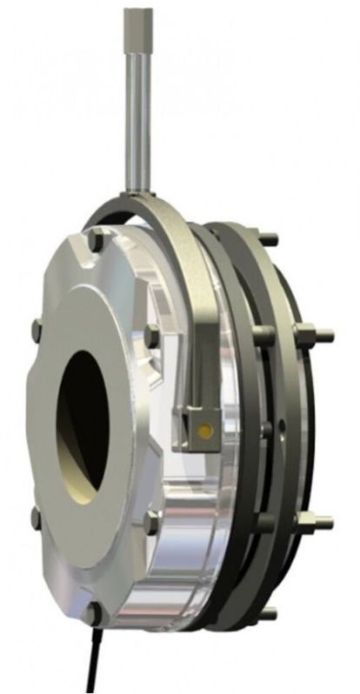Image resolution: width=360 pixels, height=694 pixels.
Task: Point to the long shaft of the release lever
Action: [x=138, y=113]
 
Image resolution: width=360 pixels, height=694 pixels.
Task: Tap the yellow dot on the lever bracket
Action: [x=204, y=430]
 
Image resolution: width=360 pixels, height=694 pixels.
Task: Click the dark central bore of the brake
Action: [x=83, y=417]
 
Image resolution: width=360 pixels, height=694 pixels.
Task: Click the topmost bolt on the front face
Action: [x=97, y=246]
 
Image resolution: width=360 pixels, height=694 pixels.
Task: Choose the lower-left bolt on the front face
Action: [x=35, y=519]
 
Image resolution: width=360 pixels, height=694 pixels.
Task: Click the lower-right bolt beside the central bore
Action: [x=150, y=520]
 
